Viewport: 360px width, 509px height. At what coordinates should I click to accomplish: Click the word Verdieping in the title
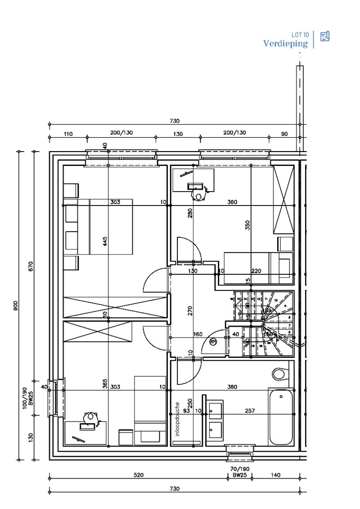point(285,44)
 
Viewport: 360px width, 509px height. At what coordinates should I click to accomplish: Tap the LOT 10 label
point(300,35)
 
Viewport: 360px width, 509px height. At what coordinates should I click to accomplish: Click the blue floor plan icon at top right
point(324,36)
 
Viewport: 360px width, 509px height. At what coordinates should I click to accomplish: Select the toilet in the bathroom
point(279,374)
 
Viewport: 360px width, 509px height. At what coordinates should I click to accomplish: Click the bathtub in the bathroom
point(280,416)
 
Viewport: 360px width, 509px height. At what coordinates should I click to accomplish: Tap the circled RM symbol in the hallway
point(213,342)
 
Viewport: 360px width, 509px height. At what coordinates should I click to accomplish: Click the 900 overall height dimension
point(16,306)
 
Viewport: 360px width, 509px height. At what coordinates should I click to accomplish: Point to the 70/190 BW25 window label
point(240,472)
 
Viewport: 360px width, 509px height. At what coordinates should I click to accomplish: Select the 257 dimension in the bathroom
point(250,411)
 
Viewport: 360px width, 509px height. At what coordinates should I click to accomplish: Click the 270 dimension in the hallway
point(190,311)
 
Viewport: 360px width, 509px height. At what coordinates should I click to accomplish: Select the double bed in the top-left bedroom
point(104,227)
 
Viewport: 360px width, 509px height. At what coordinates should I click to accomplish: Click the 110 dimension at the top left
point(68,134)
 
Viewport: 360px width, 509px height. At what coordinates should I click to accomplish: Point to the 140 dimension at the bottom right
point(276,475)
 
